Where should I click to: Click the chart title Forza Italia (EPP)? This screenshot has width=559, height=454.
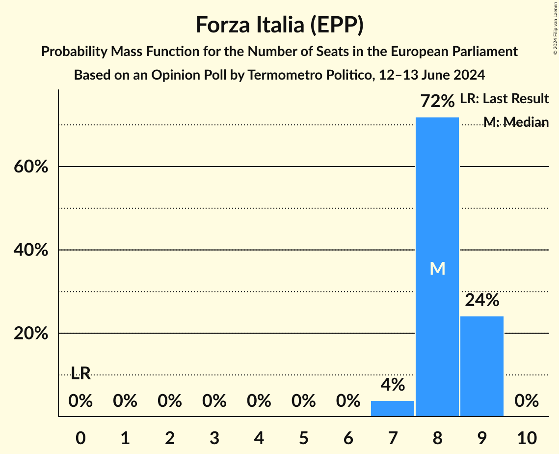[279, 25]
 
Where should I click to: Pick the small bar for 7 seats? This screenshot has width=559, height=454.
[393, 408]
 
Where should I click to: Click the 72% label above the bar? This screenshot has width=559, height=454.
[437, 101]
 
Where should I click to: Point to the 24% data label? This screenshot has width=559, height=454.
[482, 300]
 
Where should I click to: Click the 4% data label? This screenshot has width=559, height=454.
[393, 385]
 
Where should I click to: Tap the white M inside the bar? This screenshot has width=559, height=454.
[437, 268]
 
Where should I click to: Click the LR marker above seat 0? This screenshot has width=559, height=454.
[80, 373]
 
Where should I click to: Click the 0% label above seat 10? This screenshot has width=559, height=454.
[527, 401]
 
